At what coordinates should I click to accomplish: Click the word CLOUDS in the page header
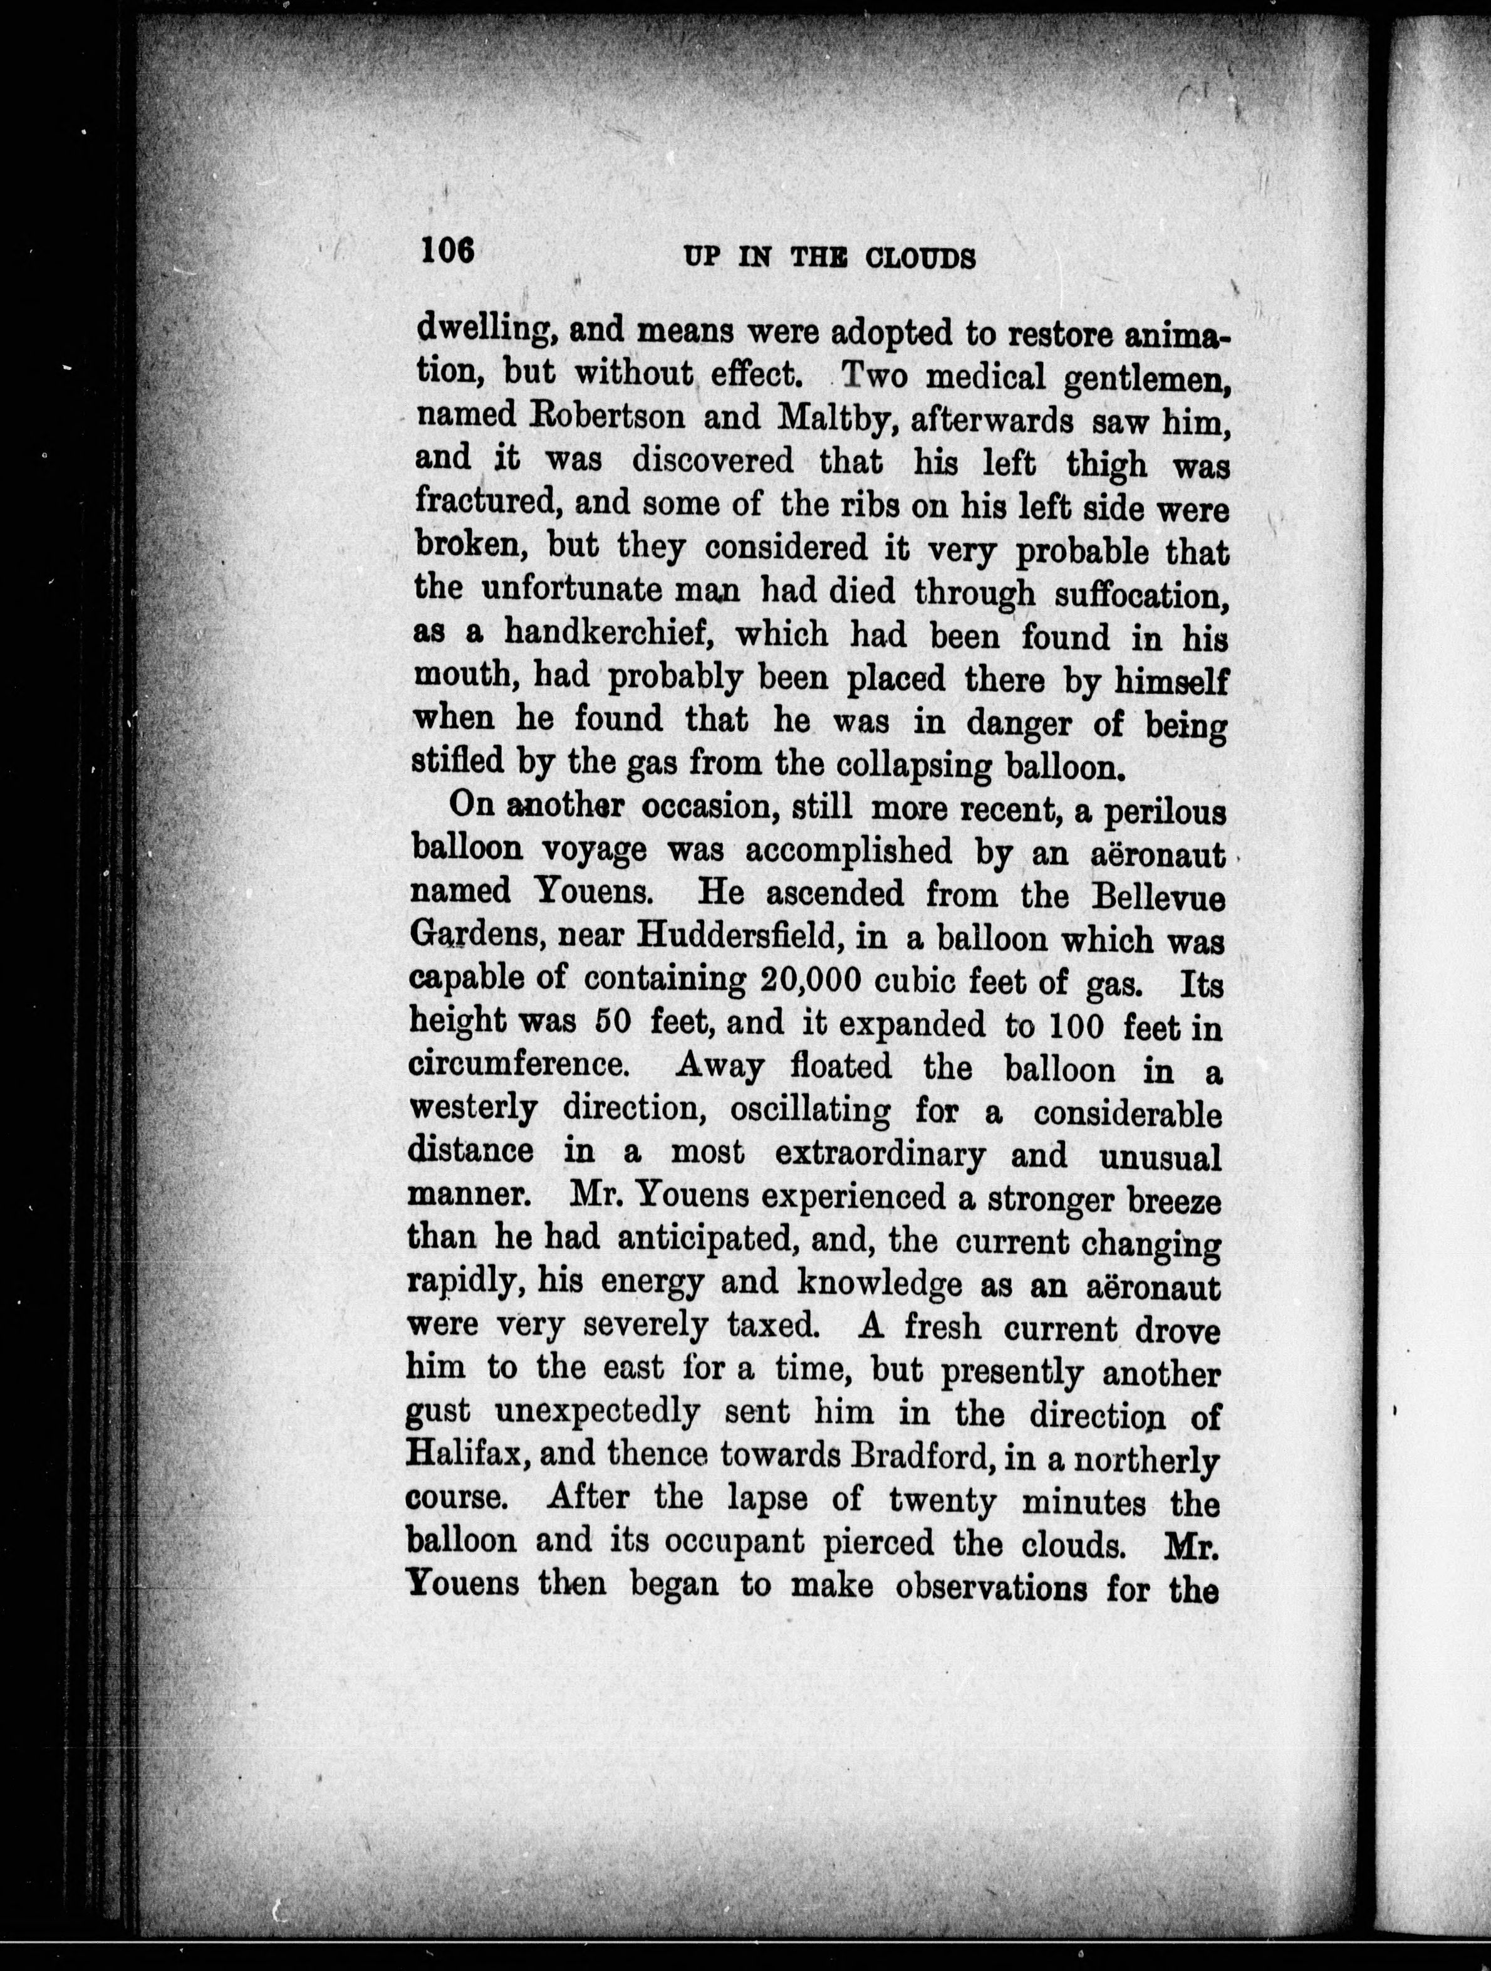tap(921, 258)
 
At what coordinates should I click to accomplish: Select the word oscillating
tap(809, 1111)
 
